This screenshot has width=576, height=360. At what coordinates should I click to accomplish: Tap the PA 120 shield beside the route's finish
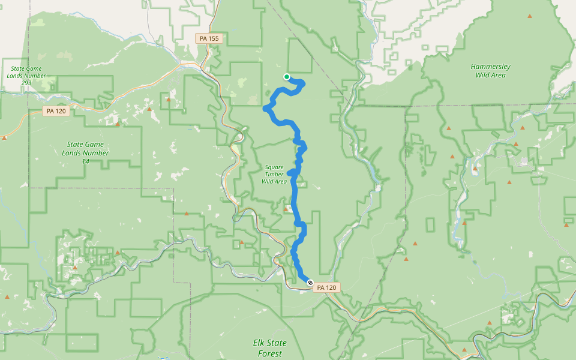pyautogui.click(x=326, y=287)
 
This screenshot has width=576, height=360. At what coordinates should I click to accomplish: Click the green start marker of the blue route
pyautogui.click(x=287, y=76)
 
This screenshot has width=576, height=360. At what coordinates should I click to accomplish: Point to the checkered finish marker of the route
pyautogui.click(x=310, y=282)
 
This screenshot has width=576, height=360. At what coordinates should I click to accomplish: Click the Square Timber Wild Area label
pyautogui.click(x=275, y=174)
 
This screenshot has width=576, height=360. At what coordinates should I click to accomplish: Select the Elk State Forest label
pyautogui.click(x=269, y=348)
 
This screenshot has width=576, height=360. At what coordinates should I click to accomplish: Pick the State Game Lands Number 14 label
pyautogui.click(x=85, y=153)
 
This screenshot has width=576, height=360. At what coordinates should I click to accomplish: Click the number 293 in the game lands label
pyautogui.click(x=26, y=82)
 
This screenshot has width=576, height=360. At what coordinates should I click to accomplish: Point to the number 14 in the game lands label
pyautogui.click(x=85, y=161)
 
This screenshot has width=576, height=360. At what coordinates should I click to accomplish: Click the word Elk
pyautogui.click(x=259, y=343)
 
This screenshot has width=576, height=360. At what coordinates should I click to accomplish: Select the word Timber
pyautogui.click(x=274, y=174)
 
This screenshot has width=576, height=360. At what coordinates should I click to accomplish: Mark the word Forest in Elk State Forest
pyautogui.click(x=269, y=353)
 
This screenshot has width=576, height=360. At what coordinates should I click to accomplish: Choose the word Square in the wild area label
pyautogui.click(x=275, y=167)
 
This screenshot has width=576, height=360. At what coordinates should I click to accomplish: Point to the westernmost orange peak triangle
pyautogui.click(x=5, y=138)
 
